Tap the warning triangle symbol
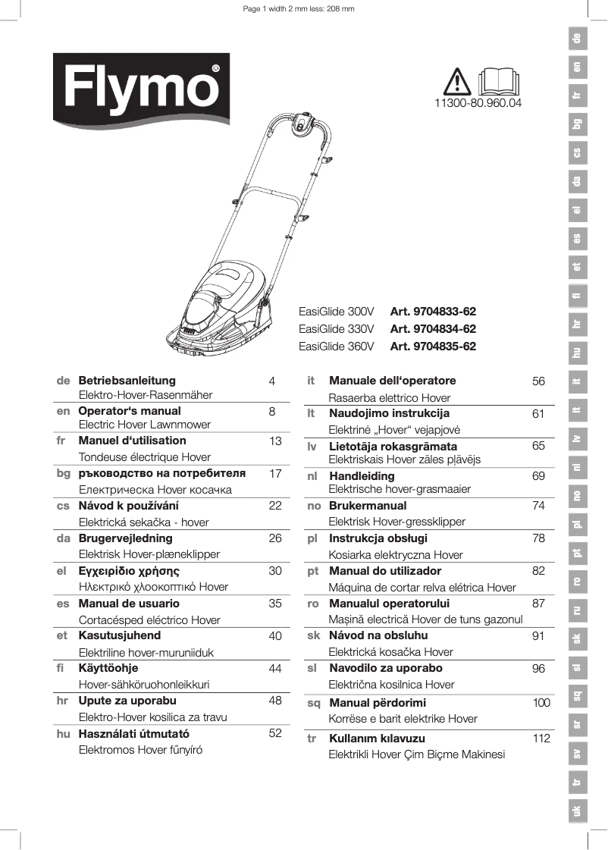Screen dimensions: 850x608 459,80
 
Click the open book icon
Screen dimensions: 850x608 500,80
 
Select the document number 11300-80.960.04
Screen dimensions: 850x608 478,102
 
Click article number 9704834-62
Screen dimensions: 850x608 433,329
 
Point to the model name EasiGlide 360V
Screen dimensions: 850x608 337,347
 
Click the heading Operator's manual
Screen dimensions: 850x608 130,411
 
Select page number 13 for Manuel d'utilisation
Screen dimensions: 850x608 275,441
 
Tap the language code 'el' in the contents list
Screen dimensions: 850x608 63,571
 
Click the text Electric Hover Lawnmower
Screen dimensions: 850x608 145,425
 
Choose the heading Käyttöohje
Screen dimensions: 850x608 108,668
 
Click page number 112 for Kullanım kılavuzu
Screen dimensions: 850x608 541,738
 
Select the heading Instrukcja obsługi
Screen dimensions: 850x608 378,538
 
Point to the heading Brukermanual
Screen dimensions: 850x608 368,505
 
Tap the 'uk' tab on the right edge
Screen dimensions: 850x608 578,811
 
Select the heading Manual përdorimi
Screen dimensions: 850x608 377,703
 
